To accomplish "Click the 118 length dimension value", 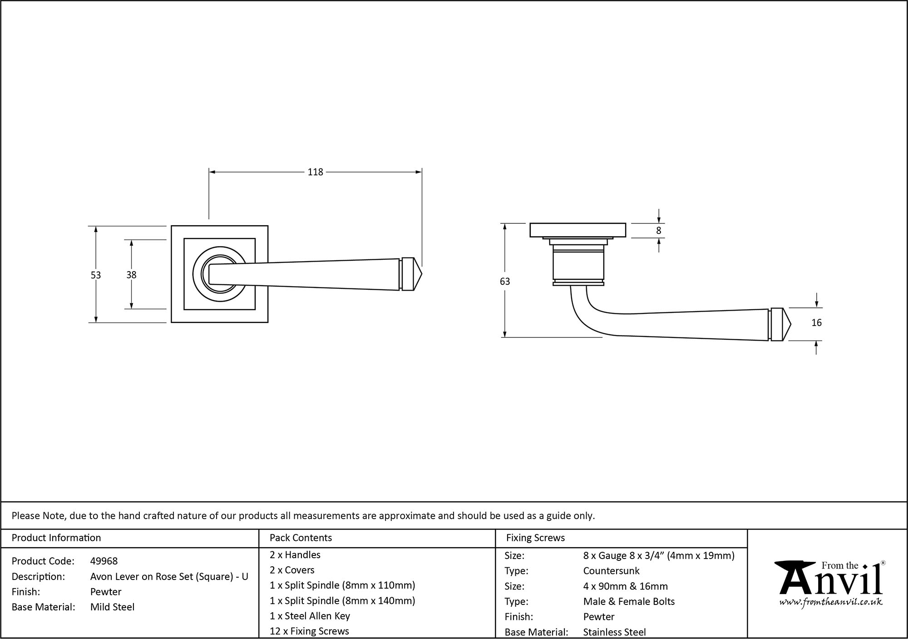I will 315,172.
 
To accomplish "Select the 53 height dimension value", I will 95,275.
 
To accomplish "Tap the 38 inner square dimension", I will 131,275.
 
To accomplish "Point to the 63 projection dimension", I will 504,282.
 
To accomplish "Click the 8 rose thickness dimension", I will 658,231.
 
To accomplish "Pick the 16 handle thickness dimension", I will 816,323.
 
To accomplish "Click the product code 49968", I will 104,561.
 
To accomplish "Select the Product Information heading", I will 56,538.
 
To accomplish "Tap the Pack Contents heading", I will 301,538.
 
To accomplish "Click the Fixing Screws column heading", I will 535,538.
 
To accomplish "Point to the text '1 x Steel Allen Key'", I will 310,616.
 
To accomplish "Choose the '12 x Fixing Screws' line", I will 309,631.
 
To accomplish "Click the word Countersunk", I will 611,571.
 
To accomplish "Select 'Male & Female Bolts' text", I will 629,601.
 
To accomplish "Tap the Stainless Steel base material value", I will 614,632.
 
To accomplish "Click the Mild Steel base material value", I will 112,607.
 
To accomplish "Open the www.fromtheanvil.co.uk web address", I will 831,602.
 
